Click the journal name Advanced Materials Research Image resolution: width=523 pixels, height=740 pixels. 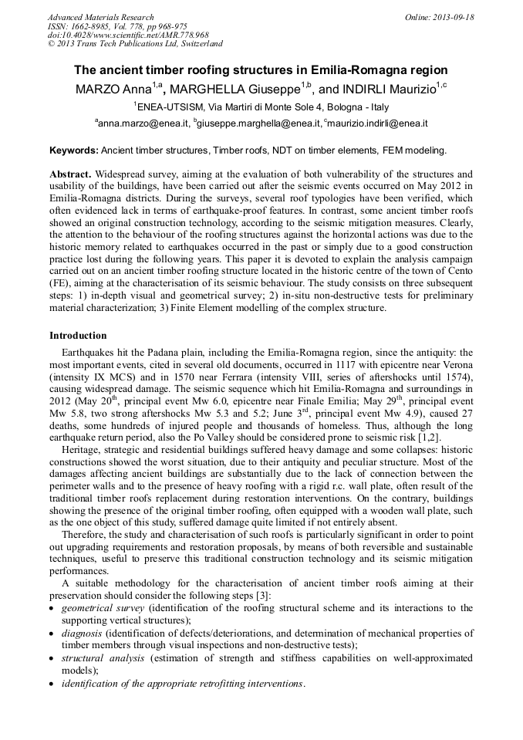[x=100, y=17]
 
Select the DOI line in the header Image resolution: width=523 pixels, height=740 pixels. [x=128, y=35]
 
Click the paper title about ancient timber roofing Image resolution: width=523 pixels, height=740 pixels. [x=261, y=69]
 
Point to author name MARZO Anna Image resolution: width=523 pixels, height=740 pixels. [x=112, y=89]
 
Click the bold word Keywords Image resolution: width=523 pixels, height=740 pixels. [x=73, y=150]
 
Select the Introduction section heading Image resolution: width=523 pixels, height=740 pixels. [x=78, y=336]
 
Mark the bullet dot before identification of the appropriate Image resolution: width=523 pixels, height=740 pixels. [x=52, y=684]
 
